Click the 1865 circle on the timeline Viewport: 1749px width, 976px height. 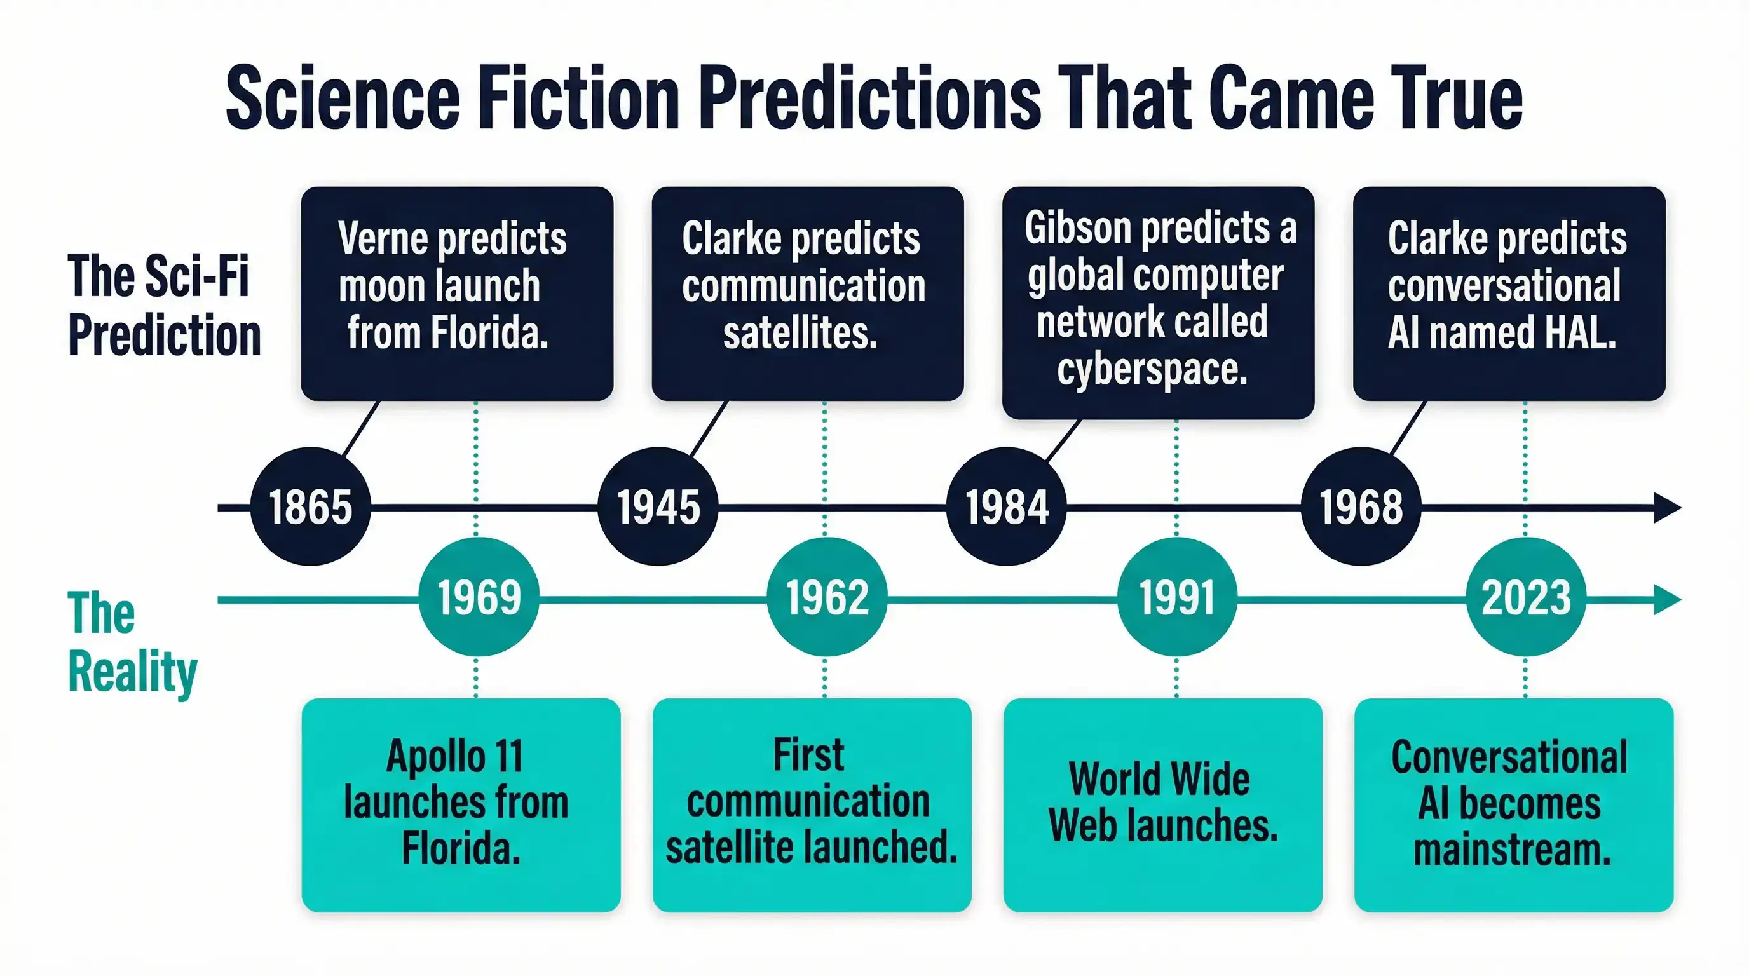coord(311,506)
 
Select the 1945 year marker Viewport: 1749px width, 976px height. coord(658,506)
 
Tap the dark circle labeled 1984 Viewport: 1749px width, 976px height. coord(1007,506)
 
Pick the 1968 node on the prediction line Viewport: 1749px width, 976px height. coord(1361,506)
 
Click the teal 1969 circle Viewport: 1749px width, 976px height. coord(479,597)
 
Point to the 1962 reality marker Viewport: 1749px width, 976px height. coord(827,597)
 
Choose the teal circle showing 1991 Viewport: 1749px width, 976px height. coord(1176,597)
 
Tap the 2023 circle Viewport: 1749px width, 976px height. coord(1526,597)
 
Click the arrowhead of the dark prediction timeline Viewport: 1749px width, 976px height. coord(1668,508)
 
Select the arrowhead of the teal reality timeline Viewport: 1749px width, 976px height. coord(1668,599)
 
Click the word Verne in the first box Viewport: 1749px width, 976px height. coord(381,238)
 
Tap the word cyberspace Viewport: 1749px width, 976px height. coord(1152,370)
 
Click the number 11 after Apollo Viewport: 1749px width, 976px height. coord(508,756)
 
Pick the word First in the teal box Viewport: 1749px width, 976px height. coord(808,754)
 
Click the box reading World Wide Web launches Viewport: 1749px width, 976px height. coord(1162,805)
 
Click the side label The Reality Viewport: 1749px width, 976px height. coord(132,642)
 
